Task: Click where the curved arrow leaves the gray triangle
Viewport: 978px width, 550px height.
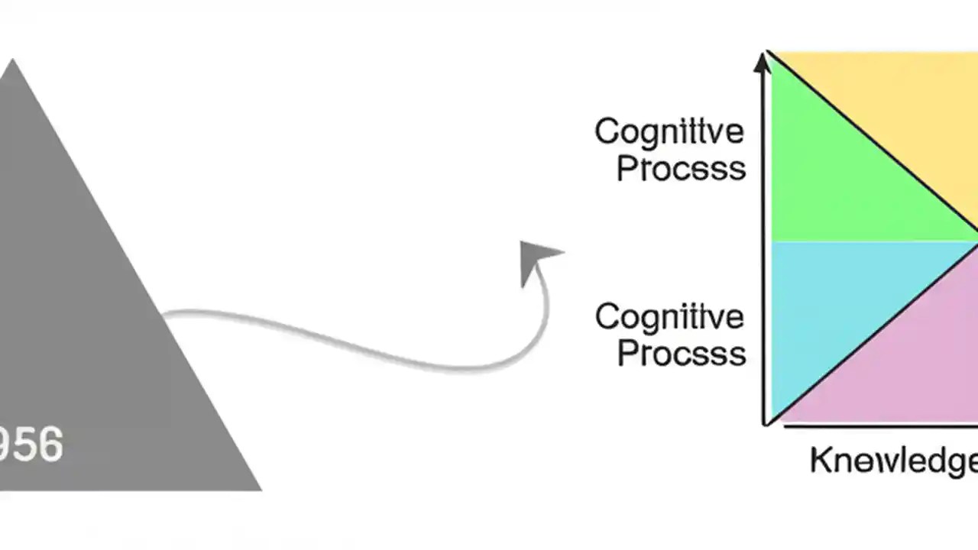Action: click(165, 313)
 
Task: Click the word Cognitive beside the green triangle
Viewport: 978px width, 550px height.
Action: click(669, 132)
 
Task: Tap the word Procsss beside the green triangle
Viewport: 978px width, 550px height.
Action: click(681, 169)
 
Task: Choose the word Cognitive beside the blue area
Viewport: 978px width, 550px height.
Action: click(669, 316)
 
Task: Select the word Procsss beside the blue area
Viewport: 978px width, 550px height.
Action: click(681, 353)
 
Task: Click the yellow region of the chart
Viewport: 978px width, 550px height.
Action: click(902, 99)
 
